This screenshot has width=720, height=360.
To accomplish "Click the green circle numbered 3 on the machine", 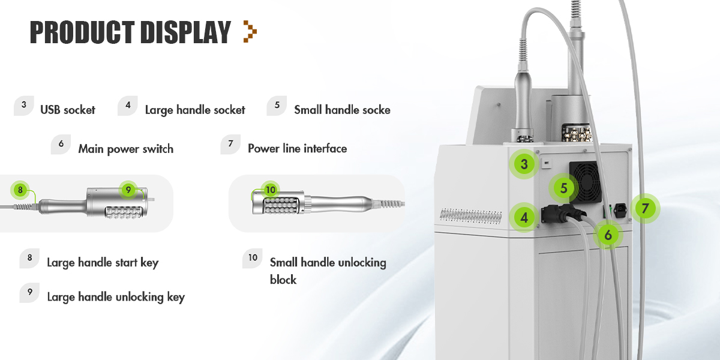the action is [524, 164].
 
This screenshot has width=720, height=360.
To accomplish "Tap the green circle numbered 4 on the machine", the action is [524, 218].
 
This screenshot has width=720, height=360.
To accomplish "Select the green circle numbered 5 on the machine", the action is [563, 188].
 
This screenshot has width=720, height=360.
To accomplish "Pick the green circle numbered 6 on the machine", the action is [608, 235].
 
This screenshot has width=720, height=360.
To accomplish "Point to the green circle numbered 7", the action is [645, 209].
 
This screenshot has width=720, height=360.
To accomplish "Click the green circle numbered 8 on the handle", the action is [20, 190].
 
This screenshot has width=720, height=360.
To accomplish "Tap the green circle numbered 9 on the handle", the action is [128, 190].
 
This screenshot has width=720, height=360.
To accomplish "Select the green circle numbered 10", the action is [271, 190].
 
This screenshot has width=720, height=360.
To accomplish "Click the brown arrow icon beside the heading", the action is [250, 31].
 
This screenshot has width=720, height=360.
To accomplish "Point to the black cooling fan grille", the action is [585, 182].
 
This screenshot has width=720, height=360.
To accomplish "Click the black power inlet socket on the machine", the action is [620, 210].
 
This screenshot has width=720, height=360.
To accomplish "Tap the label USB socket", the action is [67, 110].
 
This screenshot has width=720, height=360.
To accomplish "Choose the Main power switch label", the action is [125, 149].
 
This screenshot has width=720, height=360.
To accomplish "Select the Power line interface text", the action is [298, 149].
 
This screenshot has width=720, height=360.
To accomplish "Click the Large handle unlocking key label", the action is [116, 297].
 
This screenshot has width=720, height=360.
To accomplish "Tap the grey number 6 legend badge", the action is [61, 144].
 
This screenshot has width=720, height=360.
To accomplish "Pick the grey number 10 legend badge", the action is [253, 258].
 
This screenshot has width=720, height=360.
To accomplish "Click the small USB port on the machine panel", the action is [546, 163].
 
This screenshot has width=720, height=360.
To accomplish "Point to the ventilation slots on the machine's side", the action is [470, 215].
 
